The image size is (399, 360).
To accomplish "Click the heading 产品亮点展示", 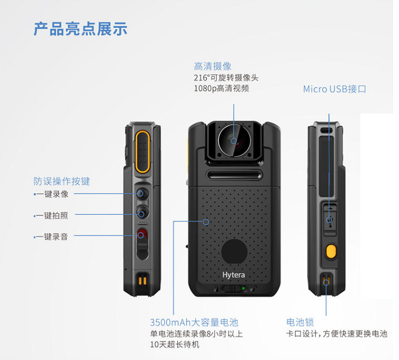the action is click(x=80, y=29).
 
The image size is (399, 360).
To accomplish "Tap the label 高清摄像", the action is click(x=212, y=66).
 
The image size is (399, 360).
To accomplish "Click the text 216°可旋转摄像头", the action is click(x=226, y=77).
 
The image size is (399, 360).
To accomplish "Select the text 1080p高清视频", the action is click(x=221, y=88).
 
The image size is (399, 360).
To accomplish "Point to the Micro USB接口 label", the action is click(x=335, y=89).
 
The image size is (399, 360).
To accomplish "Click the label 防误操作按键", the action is click(x=62, y=181).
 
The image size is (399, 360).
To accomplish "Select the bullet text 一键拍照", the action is click(x=51, y=216).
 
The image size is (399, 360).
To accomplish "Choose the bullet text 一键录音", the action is click(x=51, y=237).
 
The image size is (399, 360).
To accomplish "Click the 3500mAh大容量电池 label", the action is click(x=194, y=322).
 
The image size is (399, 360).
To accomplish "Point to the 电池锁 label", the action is click(x=300, y=322).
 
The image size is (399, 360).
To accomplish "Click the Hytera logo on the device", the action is click(x=233, y=275).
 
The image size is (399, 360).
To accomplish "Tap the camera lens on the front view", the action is click(x=234, y=141).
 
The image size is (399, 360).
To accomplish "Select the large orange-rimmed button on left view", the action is click(x=142, y=152).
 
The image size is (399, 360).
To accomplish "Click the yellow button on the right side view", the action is click(x=331, y=251).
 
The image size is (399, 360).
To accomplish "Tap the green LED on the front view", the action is click(x=243, y=288).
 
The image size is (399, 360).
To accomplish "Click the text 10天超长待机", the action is click(x=175, y=344).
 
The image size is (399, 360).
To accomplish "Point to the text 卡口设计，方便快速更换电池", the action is click(x=336, y=334).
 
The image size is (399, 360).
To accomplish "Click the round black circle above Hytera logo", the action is click(x=234, y=252).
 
